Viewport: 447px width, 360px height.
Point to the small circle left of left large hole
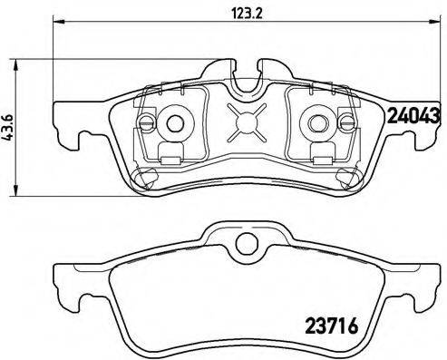click(146, 122)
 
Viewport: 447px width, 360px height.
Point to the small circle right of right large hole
click(346, 122)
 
